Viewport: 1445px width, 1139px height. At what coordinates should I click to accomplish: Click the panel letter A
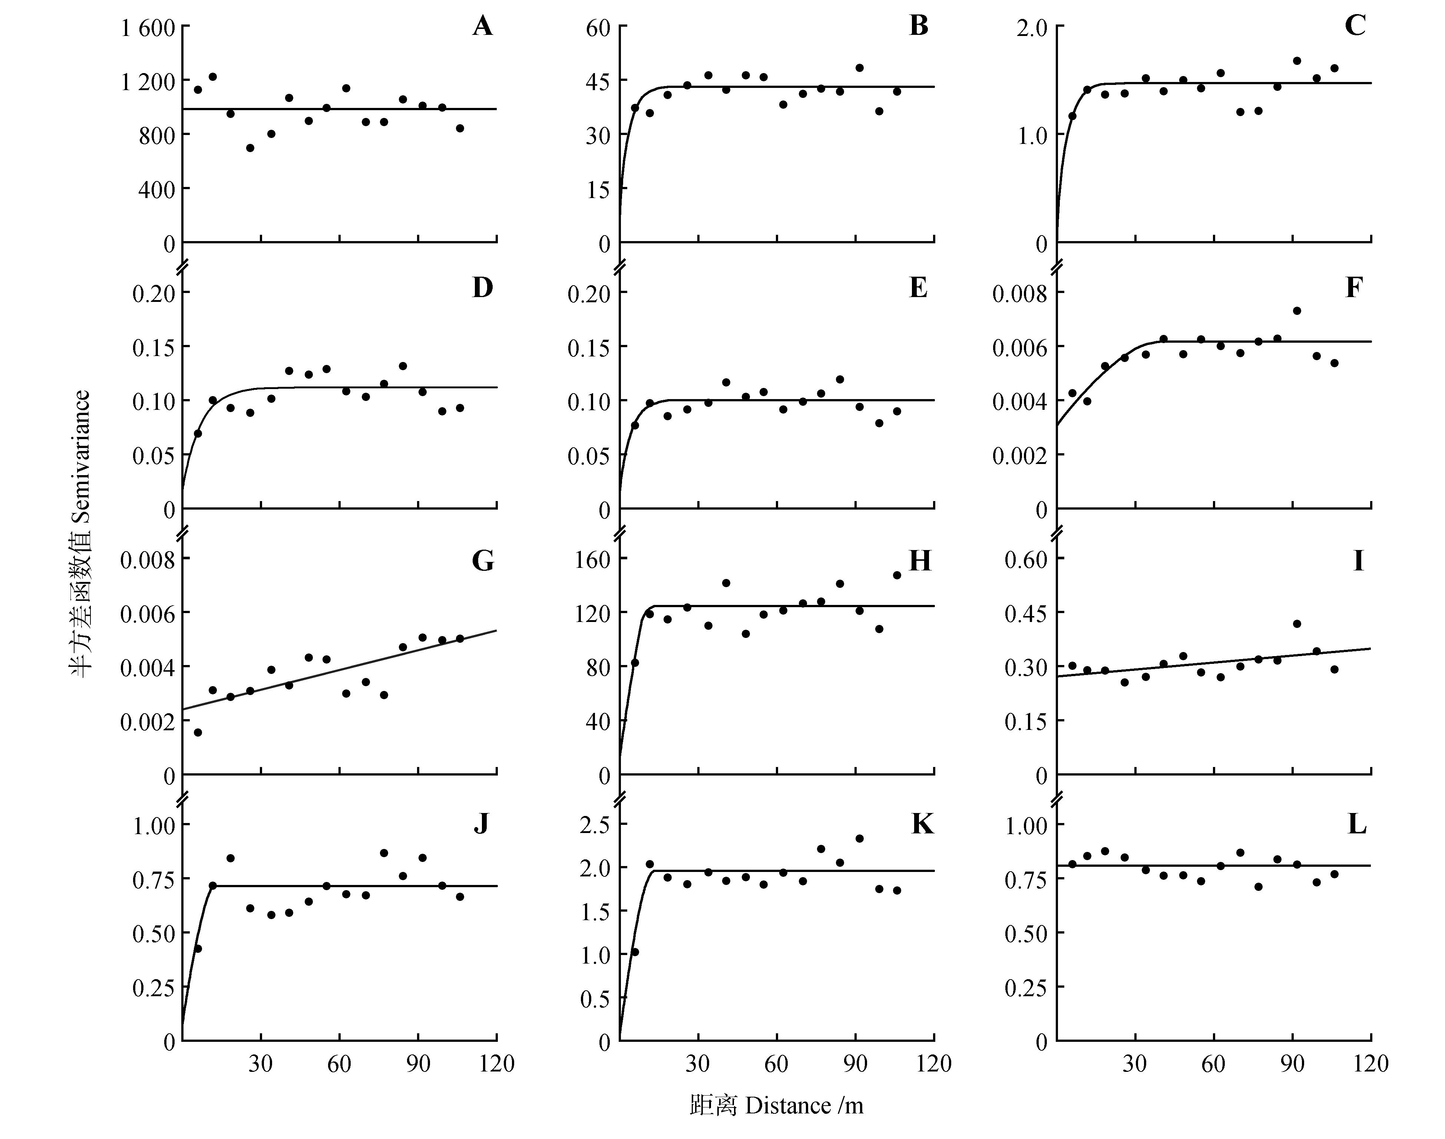tap(483, 27)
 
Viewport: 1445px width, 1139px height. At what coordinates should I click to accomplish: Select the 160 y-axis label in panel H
tap(592, 560)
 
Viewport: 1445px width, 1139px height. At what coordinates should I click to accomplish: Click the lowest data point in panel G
tap(198, 732)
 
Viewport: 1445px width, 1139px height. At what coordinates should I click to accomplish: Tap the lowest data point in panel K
tap(635, 952)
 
